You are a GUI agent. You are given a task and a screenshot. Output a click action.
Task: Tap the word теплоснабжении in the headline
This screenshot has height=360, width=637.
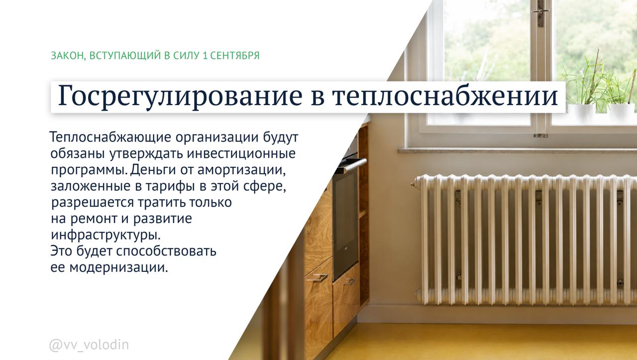445,96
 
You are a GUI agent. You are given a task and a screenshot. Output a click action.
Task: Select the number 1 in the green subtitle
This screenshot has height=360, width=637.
205,55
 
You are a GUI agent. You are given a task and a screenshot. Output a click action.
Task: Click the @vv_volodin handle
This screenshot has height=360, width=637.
89,345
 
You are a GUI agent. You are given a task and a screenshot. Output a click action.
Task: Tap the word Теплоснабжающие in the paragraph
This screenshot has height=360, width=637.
110,137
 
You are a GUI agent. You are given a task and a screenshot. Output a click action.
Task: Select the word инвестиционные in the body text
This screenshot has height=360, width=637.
241,154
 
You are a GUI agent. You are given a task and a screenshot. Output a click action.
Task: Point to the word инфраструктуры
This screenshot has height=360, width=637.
106,236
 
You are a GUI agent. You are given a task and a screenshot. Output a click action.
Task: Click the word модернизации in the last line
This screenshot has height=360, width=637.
118,268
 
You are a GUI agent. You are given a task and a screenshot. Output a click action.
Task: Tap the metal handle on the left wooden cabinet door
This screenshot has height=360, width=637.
316,277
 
